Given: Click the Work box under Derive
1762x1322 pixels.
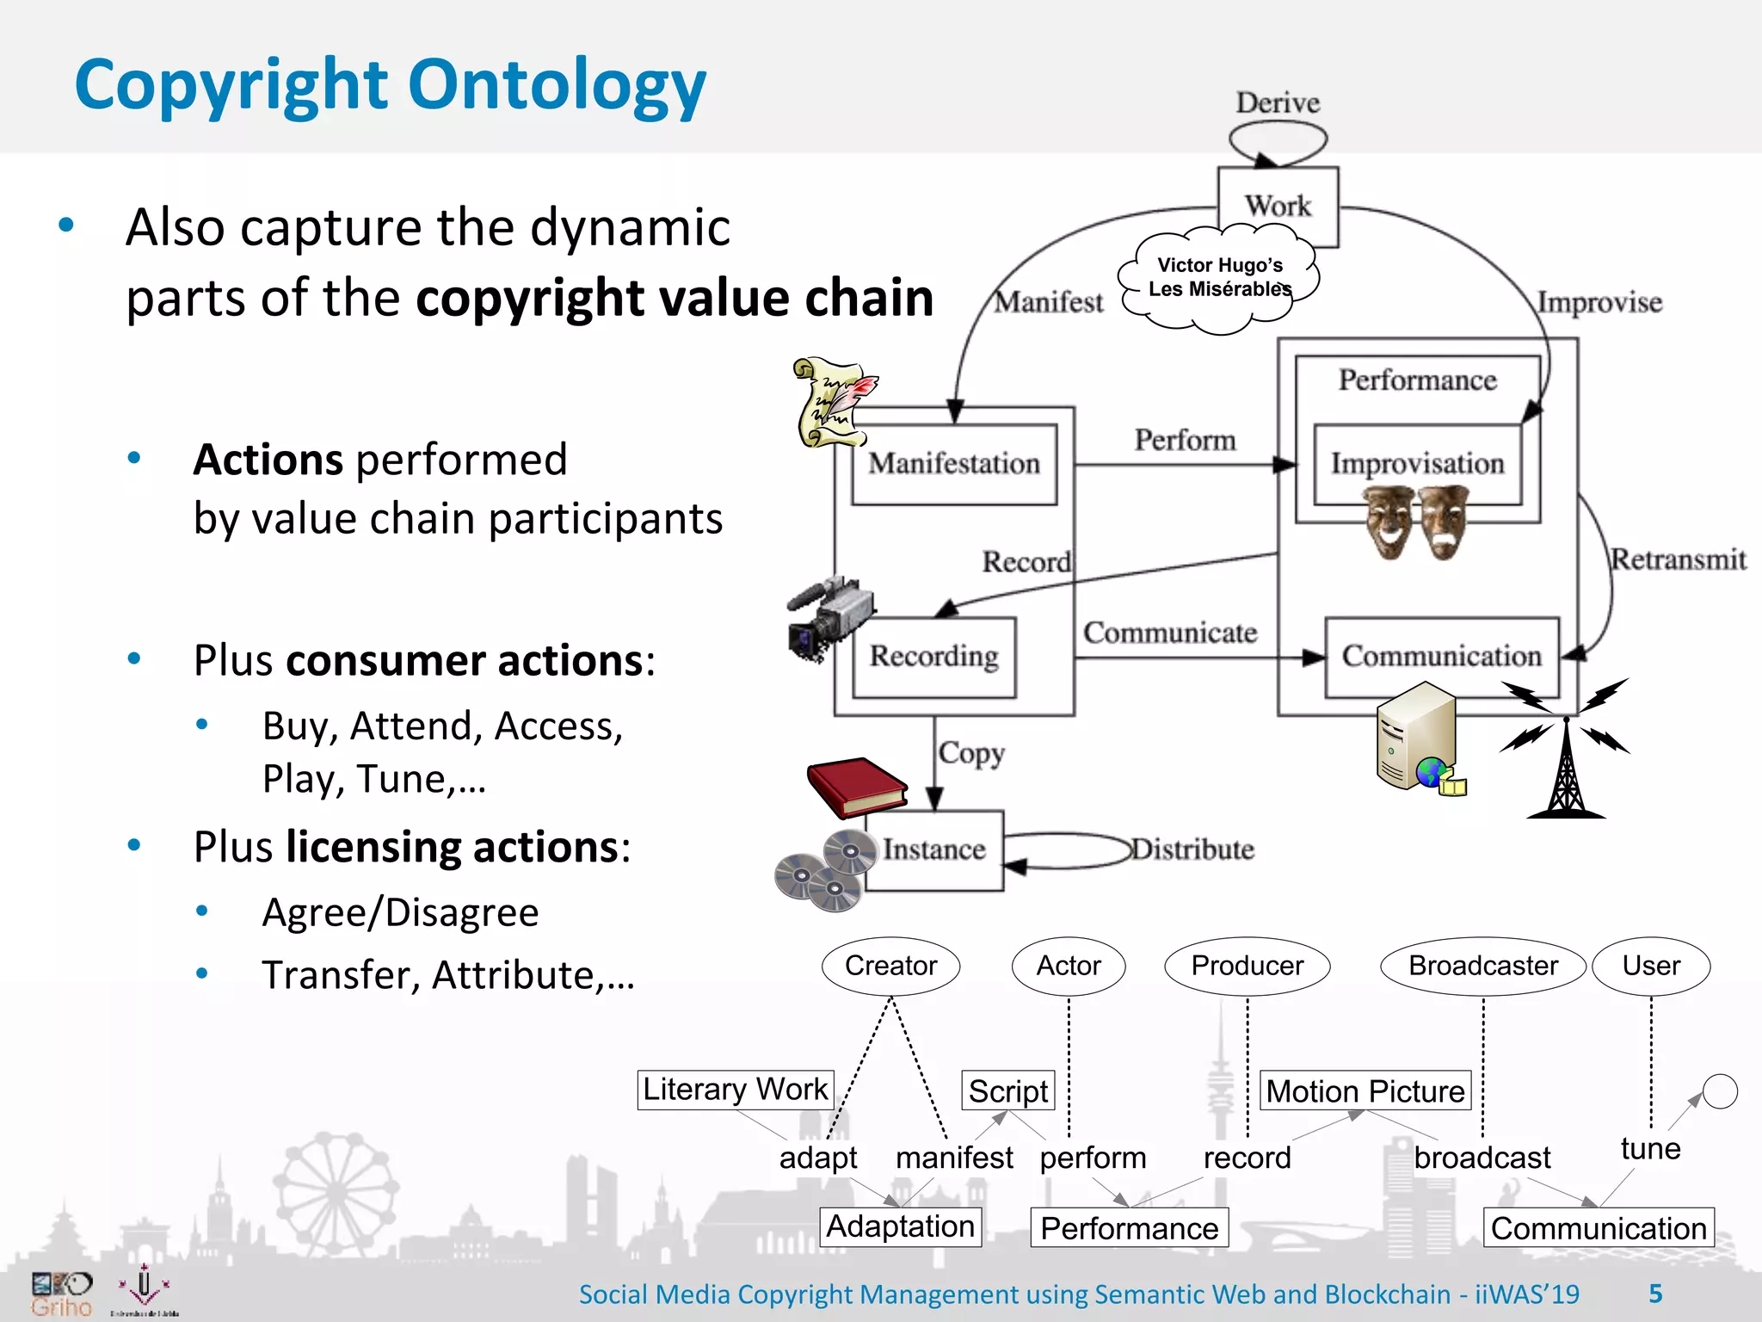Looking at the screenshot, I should click(1278, 207).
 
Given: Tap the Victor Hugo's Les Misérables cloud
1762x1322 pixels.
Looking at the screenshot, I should click(1218, 278).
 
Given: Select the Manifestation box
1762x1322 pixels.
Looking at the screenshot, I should click(953, 464).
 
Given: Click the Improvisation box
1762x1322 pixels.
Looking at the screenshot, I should click(1417, 464).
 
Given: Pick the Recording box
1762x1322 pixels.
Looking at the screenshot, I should click(933, 657).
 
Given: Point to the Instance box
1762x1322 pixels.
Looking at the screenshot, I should click(933, 849).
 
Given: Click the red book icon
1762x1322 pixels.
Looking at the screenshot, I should click(856, 787).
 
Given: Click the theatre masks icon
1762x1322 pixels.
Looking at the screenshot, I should click(1416, 522).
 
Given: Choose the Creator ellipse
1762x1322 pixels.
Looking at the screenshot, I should click(890, 966).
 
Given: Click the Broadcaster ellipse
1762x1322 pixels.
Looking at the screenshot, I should click(1482, 966).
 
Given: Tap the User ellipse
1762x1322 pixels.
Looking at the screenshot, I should click(1650, 966).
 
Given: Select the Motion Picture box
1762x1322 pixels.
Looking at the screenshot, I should click(1365, 1091).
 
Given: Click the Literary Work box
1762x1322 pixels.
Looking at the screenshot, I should click(735, 1090).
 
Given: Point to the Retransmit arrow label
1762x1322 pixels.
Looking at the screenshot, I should click(1678, 559).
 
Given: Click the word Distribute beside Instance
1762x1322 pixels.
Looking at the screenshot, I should click(1192, 849).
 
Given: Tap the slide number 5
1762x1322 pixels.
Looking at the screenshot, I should click(1655, 1294).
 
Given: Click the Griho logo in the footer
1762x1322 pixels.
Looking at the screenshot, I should click(61, 1294).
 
